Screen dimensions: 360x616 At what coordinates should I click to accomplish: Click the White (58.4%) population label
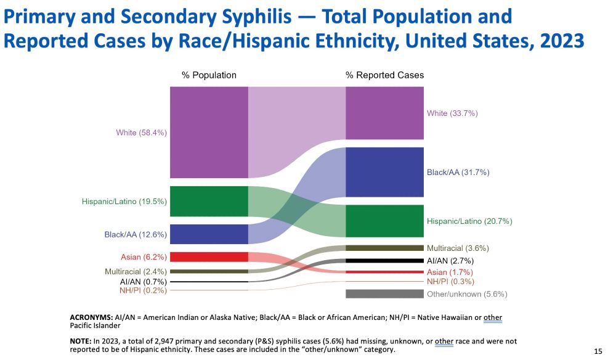pos(141,133)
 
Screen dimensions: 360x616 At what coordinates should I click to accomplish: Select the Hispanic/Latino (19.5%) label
pos(124,201)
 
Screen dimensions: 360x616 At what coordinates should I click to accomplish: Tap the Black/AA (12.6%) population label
pos(135,234)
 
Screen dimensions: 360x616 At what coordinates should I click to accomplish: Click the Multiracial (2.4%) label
pos(135,271)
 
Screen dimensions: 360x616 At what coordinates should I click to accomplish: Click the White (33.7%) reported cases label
pos(452,113)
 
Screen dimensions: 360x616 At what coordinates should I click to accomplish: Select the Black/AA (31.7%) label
pos(458,173)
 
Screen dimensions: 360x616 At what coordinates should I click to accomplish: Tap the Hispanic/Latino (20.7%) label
pos(469,221)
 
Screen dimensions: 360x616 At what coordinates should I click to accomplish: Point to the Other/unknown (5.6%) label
pos(467,294)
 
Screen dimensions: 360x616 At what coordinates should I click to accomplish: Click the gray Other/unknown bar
pos(384,294)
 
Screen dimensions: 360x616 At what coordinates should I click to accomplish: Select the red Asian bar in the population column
pos(209,257)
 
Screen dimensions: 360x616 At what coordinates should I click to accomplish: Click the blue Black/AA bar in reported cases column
pos(384,172)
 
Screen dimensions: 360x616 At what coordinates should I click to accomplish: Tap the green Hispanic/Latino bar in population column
pos(209,201)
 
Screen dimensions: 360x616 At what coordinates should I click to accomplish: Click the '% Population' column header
pos(209,75)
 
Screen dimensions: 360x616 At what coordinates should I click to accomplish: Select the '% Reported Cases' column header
pos(384,75)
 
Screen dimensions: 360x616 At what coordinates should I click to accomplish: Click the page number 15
pos(598,351)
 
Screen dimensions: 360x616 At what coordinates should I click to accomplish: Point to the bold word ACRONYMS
pos(91,317)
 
